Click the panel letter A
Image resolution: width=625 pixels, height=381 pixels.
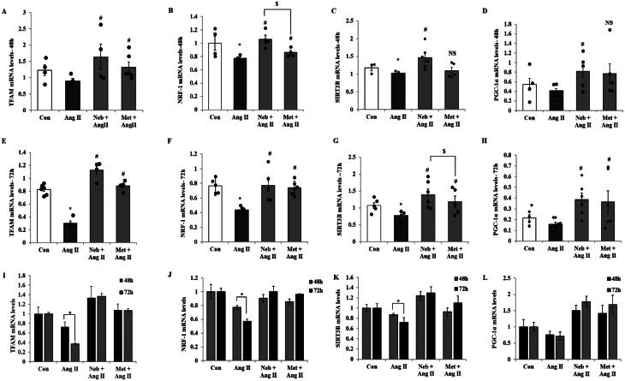[x=5, y=7]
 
